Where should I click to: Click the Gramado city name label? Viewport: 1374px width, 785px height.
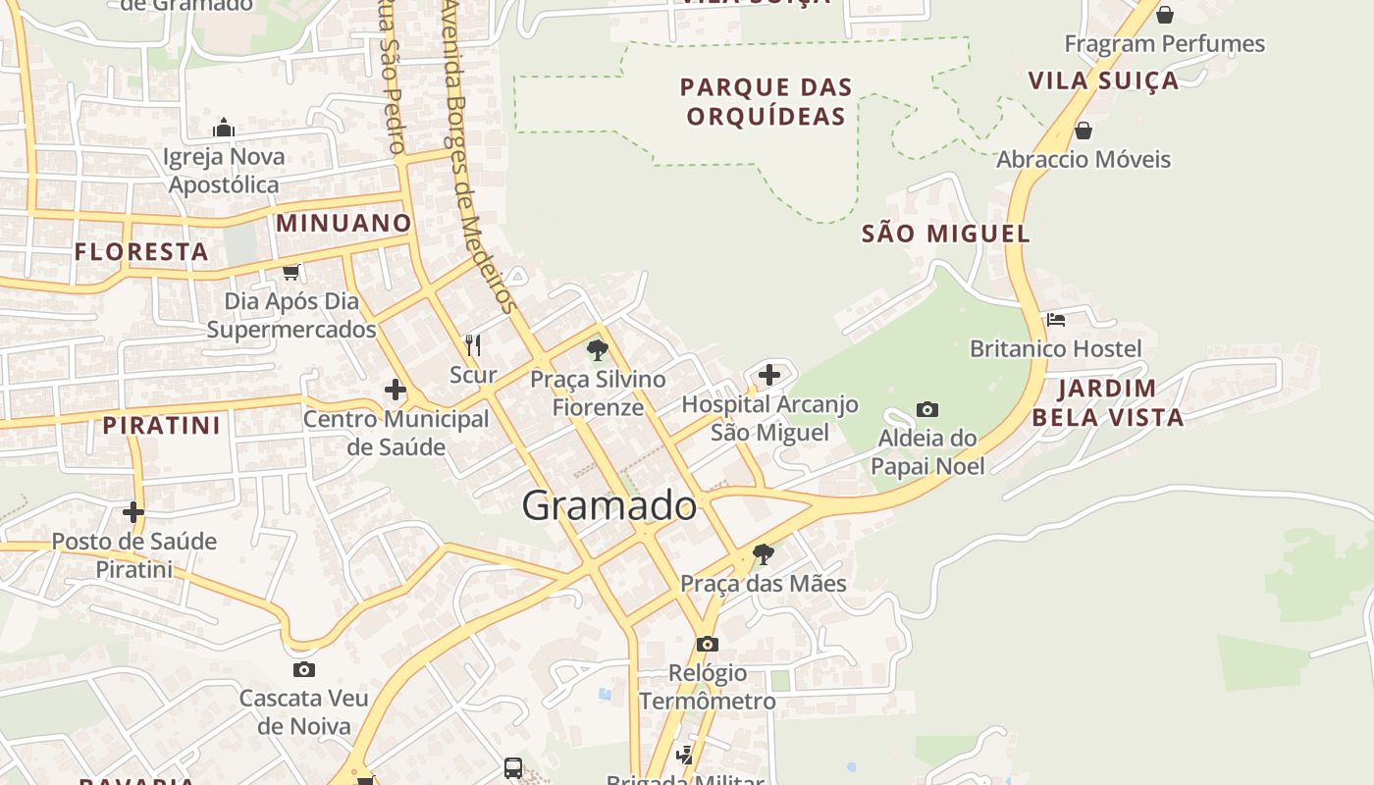[608, 505]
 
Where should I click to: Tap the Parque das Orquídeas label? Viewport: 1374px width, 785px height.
[766, 102]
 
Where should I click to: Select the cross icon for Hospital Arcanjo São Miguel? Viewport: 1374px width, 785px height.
[769, 374]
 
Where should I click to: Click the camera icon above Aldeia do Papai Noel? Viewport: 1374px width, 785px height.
[926, 409]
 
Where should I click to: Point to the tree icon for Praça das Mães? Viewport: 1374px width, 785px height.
[763, 554]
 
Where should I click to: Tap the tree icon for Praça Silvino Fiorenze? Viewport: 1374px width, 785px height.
[597, 349]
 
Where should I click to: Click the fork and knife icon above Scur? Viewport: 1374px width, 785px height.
[473, 344]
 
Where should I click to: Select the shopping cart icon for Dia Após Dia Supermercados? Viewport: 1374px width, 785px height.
[291, 272]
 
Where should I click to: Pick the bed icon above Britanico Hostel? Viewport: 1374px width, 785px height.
[1056, 319]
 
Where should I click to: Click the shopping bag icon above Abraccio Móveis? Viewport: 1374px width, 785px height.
[1083, 131]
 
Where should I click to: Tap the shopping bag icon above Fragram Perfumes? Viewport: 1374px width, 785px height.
[1164, 15]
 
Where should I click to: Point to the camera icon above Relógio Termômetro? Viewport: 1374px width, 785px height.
[707, 644]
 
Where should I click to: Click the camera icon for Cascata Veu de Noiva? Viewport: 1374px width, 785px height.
[304, 669]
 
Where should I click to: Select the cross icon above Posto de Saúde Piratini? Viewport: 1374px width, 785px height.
[133, 512]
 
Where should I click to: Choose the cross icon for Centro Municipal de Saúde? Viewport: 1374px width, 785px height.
[396, 390]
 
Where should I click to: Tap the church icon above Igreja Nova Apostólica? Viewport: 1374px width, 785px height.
[224, 128]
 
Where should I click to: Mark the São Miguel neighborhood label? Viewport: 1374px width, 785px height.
[946, 234]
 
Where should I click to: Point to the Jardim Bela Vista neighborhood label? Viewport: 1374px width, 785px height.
[1107, 402]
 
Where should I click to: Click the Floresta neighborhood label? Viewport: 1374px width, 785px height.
[141, 251]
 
